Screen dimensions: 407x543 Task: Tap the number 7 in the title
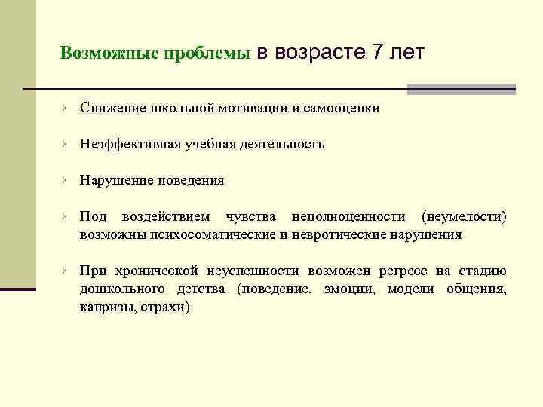pos(378,53)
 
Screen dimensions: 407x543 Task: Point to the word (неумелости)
pos(465,217)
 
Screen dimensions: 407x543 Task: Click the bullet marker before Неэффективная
pos(66,144)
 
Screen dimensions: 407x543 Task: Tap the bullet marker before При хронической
pos(66,271)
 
